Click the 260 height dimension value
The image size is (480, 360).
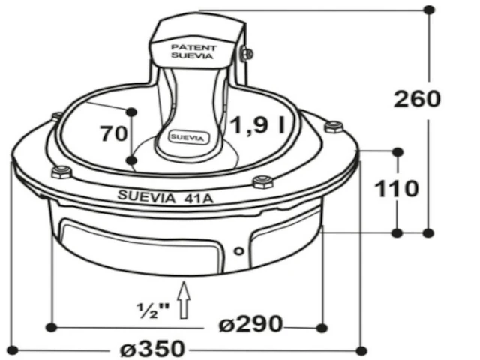417,99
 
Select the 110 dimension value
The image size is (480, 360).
397,188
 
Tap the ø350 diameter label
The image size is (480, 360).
153,348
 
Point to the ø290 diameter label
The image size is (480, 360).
251,323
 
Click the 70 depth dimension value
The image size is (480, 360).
113,133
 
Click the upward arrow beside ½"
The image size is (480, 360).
184,300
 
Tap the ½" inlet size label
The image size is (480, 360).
153,310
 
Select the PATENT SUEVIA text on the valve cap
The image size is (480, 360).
193,52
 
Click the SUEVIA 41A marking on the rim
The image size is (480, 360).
165,196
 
